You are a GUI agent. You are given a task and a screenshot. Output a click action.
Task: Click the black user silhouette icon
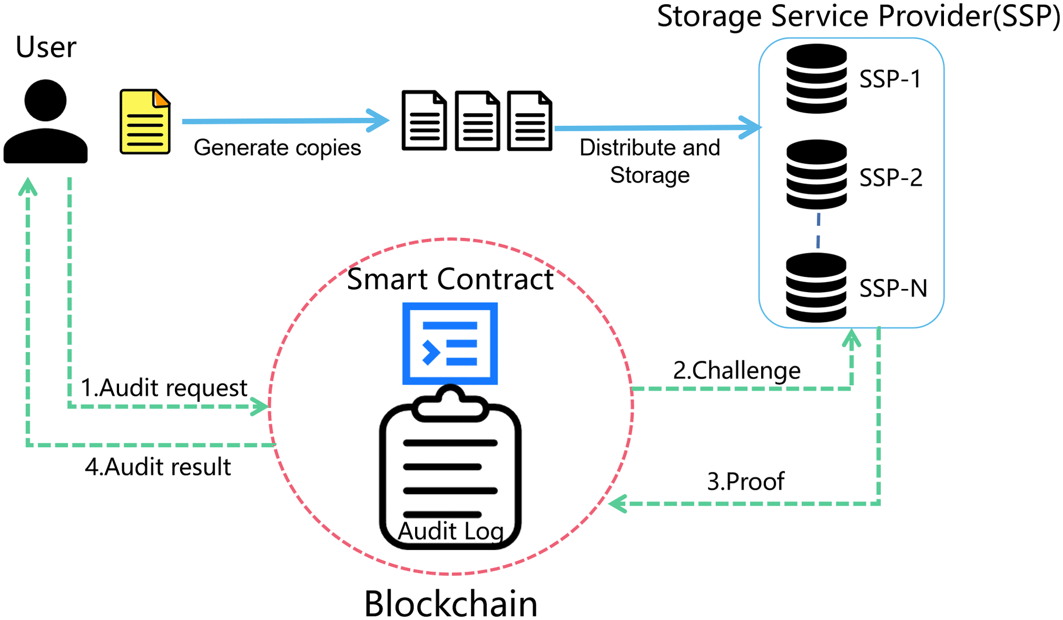click(45, 121)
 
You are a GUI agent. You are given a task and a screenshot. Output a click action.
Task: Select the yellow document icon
click(145, 122)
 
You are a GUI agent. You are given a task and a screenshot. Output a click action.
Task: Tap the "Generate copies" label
click(277, 148)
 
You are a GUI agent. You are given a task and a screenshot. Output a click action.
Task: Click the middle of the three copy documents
click(477, 121)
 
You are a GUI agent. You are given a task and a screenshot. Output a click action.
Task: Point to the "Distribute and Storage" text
click(649, 161)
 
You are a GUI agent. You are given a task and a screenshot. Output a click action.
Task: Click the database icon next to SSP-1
click(816, 79)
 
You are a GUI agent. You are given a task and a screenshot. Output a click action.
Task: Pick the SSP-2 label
click(891, 177)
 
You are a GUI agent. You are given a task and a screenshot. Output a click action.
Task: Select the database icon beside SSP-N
click(816, 287)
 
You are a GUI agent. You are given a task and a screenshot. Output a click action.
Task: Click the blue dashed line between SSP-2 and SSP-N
click(818, 231)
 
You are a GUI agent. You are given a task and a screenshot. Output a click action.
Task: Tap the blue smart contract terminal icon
click(450, 343)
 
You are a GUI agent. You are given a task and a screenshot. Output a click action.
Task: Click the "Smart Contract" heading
click(450, 279)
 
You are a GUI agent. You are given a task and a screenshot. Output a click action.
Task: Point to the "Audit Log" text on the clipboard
click(451, 531)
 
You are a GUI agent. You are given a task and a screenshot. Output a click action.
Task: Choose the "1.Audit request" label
click(164, 388)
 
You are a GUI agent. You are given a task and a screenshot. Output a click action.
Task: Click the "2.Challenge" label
click(737, 370)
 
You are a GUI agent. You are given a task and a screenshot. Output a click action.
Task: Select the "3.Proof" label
click(745, 481)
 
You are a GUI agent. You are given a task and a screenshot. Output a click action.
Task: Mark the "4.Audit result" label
click(158, 467)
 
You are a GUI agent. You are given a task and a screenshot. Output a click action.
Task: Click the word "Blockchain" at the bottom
click(450, 604)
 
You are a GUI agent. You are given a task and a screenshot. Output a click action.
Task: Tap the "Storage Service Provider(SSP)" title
click(858, 16)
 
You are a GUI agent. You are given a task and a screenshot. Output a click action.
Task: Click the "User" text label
click(46, 47)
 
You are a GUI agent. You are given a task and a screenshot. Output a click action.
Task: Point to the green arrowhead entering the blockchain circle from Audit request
click(261, 406)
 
